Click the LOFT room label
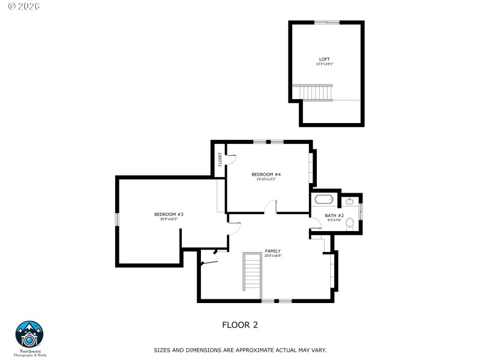[x=325, y=59]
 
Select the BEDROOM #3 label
[x=169, y=214]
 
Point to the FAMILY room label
[x=273, y=251]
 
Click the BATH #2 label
[x=334, y=215]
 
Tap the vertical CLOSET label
[x=220, y=159]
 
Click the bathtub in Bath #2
[x=324, y=200]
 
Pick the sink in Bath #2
[x=350, y=202]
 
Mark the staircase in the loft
[x=316, y=93]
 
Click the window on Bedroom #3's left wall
[x=118, y=219]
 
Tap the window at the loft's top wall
[x=327, y=23]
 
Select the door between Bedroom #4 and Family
[x=271, y=207]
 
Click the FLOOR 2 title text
[x=240, y=325]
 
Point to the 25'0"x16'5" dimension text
[x=273, y=256]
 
